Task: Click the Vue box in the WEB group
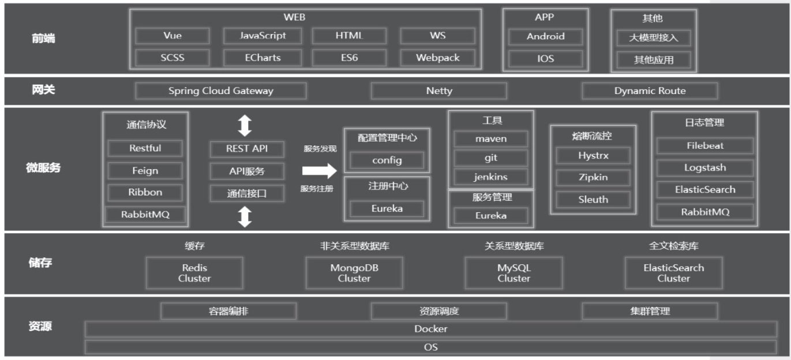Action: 173,36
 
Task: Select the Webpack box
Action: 438,58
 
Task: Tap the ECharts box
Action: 263,58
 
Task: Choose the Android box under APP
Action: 545,36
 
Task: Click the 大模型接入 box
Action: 653,38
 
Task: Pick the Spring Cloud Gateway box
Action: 221,91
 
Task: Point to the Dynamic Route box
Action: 650,91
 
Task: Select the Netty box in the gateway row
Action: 439,91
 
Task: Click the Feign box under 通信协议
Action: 145,171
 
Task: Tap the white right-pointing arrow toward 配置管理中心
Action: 319,171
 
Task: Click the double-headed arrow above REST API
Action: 245,125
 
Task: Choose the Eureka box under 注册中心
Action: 387,209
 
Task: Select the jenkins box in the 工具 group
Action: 490,177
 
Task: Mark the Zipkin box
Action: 593,177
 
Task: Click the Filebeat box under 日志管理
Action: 705,145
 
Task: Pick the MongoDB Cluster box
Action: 354,273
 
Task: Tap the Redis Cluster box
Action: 194,273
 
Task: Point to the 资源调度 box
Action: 439,312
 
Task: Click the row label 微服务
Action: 44,168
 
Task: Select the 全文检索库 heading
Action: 673,246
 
